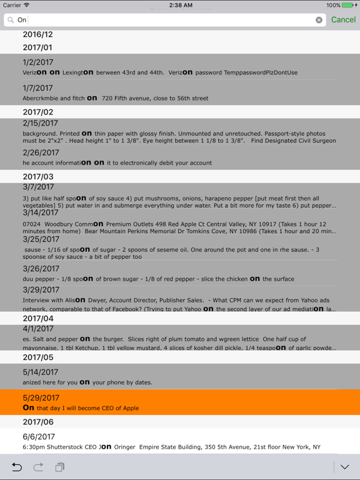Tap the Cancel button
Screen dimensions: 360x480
[343, 20]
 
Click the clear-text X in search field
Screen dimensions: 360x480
[319, 20]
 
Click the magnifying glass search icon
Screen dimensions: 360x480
[11, 20]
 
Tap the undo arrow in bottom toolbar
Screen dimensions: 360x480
[17, 467]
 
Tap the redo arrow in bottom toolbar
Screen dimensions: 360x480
[38, 467]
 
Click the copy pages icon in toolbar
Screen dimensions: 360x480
[60, 467]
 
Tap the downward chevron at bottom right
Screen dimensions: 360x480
[344, 467]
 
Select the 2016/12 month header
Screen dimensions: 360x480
[37, 35]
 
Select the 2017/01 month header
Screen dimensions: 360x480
[37, 47]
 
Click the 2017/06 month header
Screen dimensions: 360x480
[38, 422]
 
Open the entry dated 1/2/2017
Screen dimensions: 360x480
[38, 62]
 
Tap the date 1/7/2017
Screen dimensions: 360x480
[38, 88]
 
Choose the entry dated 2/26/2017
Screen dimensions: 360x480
[41, 152]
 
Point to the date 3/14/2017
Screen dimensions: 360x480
[41, 212]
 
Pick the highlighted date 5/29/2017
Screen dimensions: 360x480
[41, 397]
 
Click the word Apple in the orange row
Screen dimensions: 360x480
[129, 408]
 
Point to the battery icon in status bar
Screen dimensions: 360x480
[348, 5]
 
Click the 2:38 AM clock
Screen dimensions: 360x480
[180, 5]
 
